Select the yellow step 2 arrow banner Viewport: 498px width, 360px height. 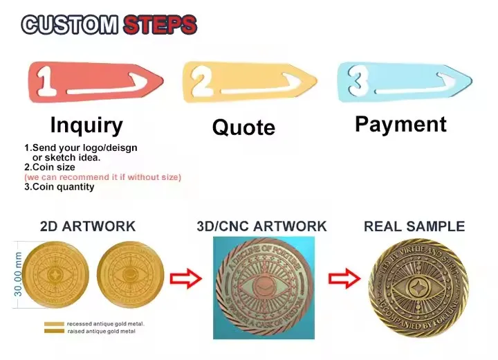(x=249, y=82)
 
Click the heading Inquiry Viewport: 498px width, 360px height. (x=86, y=125)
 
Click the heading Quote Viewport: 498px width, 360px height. (x=243, y=127)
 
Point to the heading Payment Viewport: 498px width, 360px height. (x=400, y=124)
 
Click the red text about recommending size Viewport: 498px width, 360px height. (x=102, y=177)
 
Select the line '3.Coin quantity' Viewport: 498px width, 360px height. (x=59, y=187)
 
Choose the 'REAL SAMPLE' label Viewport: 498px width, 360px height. (x=414, y=226)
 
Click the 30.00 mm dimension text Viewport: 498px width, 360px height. (x=19, y=274)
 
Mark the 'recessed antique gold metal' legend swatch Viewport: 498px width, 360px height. (x=53, y=323)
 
